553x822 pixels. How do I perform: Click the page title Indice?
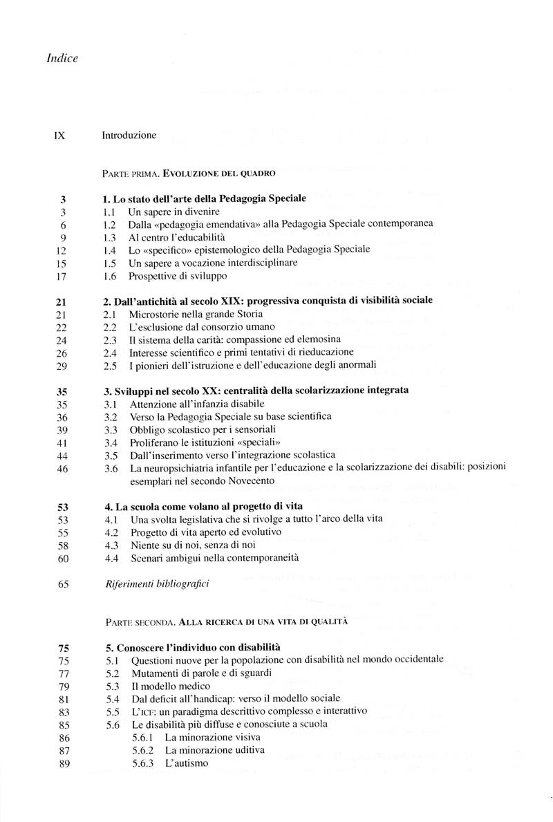62,58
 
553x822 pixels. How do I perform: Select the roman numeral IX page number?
59,136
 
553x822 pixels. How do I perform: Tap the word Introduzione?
129,136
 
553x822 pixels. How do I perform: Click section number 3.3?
110,429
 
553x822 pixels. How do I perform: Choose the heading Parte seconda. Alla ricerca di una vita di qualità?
224,622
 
